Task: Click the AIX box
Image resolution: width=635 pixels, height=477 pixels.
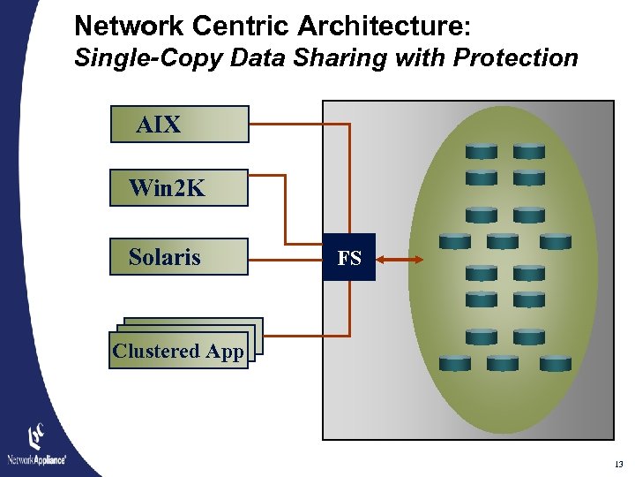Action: tap(179, 125)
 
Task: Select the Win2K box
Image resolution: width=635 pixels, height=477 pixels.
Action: tap(179, 188)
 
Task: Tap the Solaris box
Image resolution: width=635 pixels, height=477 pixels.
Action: tap(179, 257)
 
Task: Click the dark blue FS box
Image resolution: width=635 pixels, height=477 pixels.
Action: tap(349, 258)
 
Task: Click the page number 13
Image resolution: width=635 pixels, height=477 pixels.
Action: tap(618, 465)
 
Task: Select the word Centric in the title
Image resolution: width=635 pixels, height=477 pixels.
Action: tap(220, 25)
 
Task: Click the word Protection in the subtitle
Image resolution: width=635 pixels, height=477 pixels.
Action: tap(515, 58)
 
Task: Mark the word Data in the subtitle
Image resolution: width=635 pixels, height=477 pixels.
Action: tap(252, 58)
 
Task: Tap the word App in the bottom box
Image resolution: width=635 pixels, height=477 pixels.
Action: tap(225, 351)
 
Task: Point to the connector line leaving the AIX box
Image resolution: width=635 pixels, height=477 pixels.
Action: tap(300, 125)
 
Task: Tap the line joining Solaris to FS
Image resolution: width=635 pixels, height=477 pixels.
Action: tap(286, 259)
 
